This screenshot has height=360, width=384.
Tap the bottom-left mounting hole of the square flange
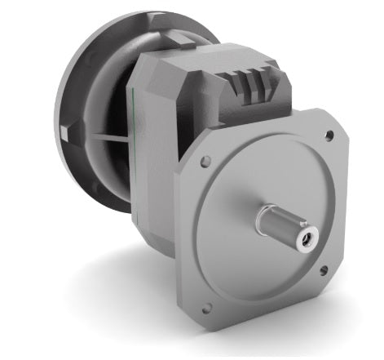(205, 308)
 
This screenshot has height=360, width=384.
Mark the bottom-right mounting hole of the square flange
(324, 269)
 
